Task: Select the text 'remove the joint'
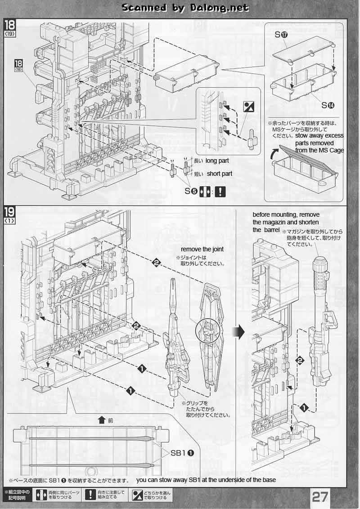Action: pos(202,250)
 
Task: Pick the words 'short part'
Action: pos(220,174)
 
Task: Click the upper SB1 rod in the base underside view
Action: pos(90,438)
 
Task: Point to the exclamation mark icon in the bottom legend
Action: pos(91,495)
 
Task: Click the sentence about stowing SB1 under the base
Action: pos(206,480)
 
